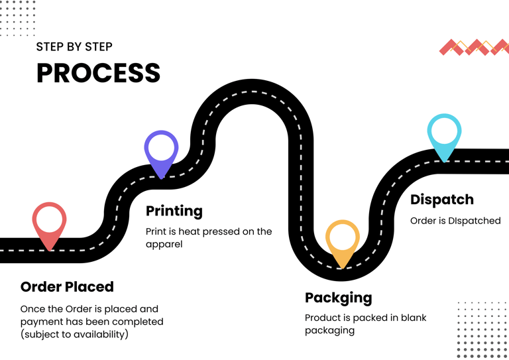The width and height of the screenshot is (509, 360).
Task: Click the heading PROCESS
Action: click(x=98, y=73)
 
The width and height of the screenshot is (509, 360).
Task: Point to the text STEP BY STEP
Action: click(x=74, y=47)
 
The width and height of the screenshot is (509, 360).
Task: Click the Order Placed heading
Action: click(x=67, y=287)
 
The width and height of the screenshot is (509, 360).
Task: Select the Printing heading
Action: click(x=174, y=211)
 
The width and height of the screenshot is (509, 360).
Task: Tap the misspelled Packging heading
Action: click(x=338, y=298)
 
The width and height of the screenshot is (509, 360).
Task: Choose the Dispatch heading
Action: click(x=442, y=200)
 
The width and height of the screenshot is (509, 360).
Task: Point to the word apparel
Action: click(x=164, y=245)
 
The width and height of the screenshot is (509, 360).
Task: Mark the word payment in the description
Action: click(x=41, y=322)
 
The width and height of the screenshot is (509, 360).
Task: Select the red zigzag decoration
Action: click(x=473, y=47)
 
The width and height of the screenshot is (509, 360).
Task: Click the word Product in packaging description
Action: click(x=323, y=318)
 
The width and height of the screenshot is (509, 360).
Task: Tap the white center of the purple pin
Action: click(x=161, y=147)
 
